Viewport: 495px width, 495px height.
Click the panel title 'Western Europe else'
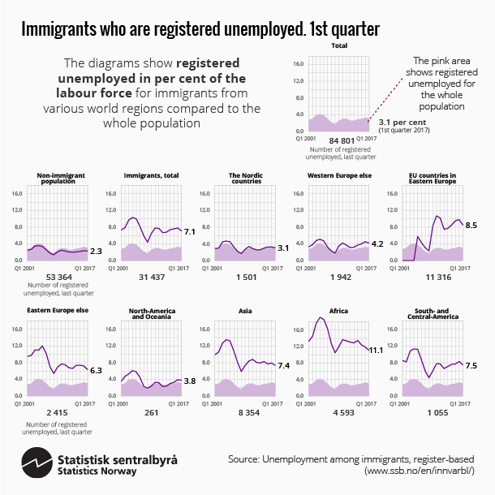point(336,175)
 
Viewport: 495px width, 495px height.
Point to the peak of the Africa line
point(322,318)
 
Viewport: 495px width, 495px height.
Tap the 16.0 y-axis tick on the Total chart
point(298,63)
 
